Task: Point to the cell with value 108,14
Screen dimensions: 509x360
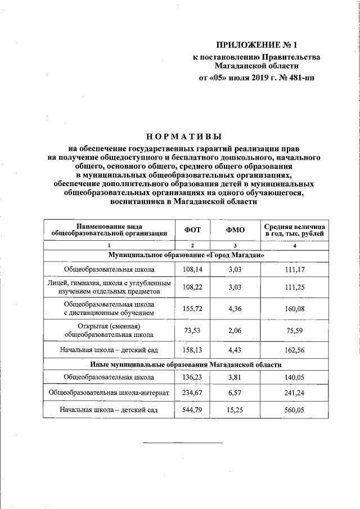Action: (x=192, y=270)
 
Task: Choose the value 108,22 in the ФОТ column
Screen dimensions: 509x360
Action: (x=192, y=287)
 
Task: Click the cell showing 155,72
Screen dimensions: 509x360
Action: (x=192, y=308)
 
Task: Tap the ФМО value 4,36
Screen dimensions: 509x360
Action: (x=235, y=308)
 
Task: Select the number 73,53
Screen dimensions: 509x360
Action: (x=192, y=331)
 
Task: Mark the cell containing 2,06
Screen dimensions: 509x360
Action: (x=235, y=331)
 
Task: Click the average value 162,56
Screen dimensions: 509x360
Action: (x=295, y=350)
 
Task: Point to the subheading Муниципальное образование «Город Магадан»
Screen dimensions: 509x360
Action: (x=186, y=255)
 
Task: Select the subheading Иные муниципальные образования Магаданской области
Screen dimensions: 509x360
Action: (x=186, y=364)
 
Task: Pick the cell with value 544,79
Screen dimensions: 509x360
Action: (x=192, y=410)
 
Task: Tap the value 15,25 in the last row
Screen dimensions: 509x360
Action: (x=235, y=410)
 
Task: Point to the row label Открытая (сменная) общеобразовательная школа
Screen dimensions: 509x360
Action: (x=109, y=331)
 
